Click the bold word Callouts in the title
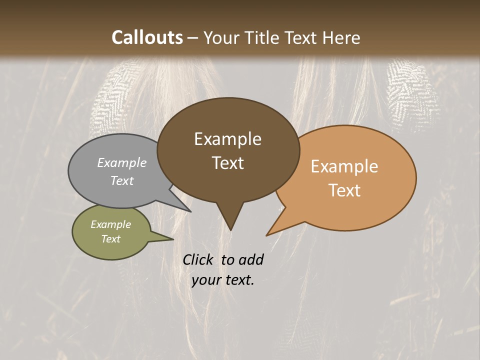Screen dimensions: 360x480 (147, 37)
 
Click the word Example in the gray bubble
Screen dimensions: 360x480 (122, 162)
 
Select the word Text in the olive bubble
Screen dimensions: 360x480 (111, 239)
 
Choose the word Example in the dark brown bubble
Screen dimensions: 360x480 (228, 139)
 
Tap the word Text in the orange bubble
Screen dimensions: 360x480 (345, 190)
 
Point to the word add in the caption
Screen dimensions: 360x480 (250, 259)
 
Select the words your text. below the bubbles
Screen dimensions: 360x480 (223, 280)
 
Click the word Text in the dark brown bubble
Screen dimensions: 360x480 (228, 163)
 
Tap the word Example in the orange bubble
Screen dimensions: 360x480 (344, 166)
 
